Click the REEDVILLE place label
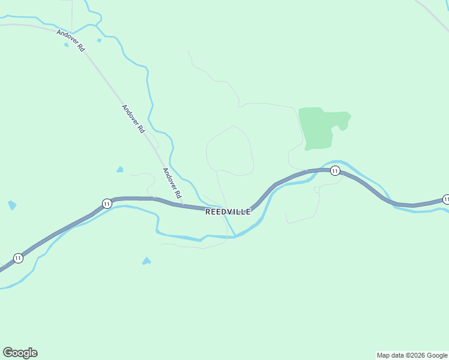[228, 212]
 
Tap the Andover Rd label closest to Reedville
[172, 183]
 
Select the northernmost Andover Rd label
[71, 40]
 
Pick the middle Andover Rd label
[133, 119]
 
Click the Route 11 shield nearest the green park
[335, 171]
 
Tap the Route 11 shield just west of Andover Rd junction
[106, 203]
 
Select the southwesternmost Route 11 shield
[18, 258]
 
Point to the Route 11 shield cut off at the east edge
[446, 199]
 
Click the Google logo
[20, 353]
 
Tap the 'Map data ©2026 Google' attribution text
[412, 355]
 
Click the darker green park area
[318, 127]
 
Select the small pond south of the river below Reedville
[146, 261]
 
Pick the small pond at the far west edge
[11, 205]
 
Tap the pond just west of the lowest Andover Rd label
[120, 170]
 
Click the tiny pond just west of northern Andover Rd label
[67, 44]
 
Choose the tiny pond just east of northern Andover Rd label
[99, 40]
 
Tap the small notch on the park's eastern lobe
[342, 128]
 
